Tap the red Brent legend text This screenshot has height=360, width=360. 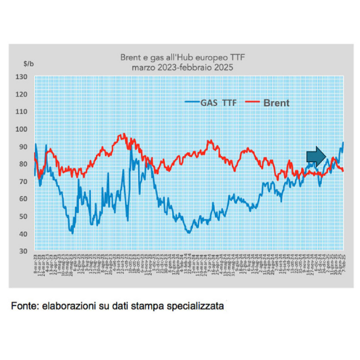point(276,102)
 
